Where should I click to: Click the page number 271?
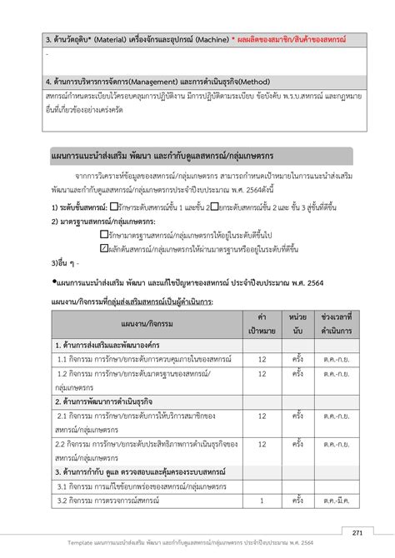point(357,532)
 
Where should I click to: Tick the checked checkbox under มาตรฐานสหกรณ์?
point(103,247)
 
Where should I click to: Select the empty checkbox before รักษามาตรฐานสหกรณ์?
point(103,236)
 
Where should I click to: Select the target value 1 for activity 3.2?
point(262,500)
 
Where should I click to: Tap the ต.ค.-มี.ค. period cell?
point(342,500)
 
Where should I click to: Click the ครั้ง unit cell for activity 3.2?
point(298,500)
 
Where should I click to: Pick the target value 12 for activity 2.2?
point(262,443)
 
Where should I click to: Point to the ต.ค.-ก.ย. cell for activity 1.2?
point(342,381)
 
